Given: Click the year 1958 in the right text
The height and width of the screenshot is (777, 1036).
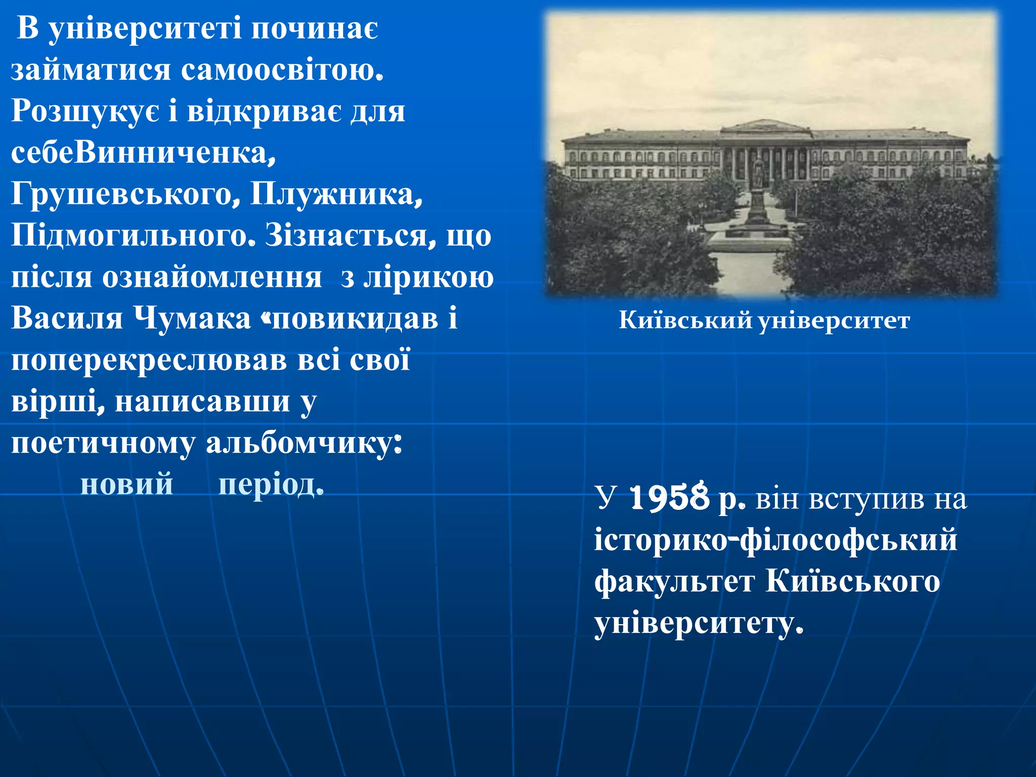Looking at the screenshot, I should coord(669,498).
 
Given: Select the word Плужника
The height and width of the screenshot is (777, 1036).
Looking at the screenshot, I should coord(336,194).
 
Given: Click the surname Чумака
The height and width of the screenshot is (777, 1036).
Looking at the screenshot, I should coord(193,319).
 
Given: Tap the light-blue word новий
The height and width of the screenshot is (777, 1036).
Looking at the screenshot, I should coord(127,484).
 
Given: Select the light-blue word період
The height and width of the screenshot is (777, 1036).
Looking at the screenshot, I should coord(270,485).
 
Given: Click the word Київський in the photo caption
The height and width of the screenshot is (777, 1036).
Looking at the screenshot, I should coord(685,320).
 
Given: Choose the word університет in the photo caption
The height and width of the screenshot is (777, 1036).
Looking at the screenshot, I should coord(834,321).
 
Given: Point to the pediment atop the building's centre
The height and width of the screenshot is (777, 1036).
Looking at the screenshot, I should coord(766,125).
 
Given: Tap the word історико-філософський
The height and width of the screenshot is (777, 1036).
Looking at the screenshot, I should coord(775,540).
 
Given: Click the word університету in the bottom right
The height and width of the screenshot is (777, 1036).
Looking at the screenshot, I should coord(698,624).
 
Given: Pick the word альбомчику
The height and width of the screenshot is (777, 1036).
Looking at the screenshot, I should coord(304,444).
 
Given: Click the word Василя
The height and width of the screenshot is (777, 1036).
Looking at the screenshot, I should coord(67,319).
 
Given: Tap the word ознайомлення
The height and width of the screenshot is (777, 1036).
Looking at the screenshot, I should coord(212,277).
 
